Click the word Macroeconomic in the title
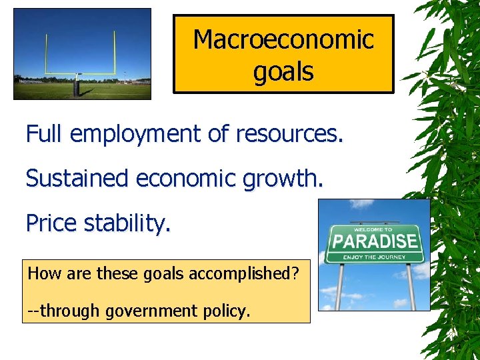283,40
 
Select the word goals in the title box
283,71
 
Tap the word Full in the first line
44,135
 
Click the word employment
136,135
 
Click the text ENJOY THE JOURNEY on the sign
375,257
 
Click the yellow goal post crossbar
80,73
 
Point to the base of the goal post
78,89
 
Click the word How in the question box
41,274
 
